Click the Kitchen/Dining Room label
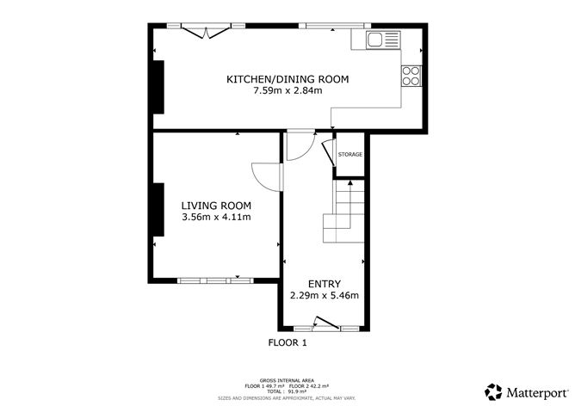tap(287, 79)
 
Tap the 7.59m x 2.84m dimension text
tap(287, 90)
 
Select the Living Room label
tap(216, 206)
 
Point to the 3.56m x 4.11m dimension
tap(216, 217)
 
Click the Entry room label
tap(325, 284)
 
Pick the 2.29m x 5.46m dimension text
tap(325, 295)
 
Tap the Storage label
tap(350, 155)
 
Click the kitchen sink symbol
tap(383, 40)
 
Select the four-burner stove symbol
tap(411, 76)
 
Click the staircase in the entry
tap(343, 212)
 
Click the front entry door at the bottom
tap(326, 323)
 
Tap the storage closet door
tap(329, 153)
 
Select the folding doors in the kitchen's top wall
tap(207, 31)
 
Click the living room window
tap(215, 280)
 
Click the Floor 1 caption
tap(287, 343)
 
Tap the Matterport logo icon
tap(493, 392)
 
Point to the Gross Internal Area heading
tap(287, 381)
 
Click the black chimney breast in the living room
tap(158, 210)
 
